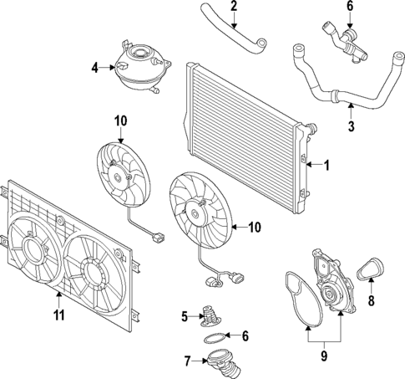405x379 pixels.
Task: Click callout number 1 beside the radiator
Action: (327, 166)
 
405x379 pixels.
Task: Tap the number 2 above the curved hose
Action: (234, 7)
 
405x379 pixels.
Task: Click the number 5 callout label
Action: (185, 316)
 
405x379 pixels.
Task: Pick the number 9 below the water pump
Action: (325, 354)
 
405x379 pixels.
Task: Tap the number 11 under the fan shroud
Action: (58, 316)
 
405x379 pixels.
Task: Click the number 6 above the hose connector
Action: (350, 7)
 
